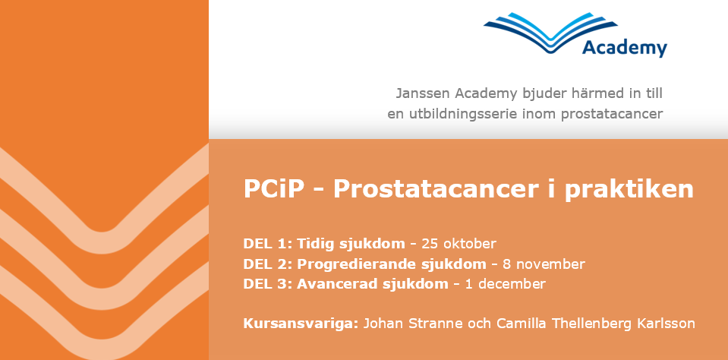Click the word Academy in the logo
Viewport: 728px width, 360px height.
coord(625,49)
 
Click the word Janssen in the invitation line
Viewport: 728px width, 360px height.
coord(423,93)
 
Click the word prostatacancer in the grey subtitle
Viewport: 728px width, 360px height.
coord(611,114)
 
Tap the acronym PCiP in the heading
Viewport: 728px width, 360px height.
coord(271,188)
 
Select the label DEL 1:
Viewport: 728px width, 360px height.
coord(267,243)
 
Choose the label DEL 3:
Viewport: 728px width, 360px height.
coord(267,283)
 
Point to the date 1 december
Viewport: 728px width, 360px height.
coord(505,283)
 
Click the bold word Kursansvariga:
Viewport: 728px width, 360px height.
coord(301,324)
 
